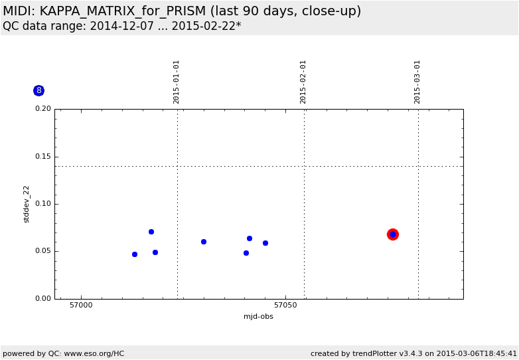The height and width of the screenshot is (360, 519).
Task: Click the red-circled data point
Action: pyautogui.click(x=393, y=234)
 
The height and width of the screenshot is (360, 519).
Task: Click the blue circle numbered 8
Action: pyautogui.click(x=38, y=90)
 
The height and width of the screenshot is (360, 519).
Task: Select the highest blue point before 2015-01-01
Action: pyautogui.click(x=151, y=232)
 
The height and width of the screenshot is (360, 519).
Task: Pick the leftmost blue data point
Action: pyautogui.click(x=135, y=254)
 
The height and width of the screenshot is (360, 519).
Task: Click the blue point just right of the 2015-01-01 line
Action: pyautogui.click(x=204, y=242)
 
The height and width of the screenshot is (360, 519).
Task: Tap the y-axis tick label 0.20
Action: pyautogui.click(x=42, y=109)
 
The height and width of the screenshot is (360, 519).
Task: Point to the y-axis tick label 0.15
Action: pyautogui.click(x=42, y=157)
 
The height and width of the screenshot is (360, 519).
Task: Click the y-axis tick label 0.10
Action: pyautogui.click(x=42, y=204)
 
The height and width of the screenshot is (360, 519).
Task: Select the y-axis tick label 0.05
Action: pyautogui.click(x=42, y=251)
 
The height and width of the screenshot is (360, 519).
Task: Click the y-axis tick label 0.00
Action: pyautogui.click(x=42, y=299)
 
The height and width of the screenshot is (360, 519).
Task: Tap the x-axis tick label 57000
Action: pyautogui.click(x=81, y=306)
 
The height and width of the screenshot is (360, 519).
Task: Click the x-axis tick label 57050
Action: pyautogui.click(x=285, y=306)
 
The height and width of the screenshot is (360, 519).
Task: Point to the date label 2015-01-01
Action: pyautogui.click(x=177, y=82)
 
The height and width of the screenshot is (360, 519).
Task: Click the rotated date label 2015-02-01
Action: pyautogui.click(x=303, y=82)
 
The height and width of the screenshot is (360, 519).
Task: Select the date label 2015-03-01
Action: pyautogui.click(x=417, y=82)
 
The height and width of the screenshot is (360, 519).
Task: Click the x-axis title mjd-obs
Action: pyautogui.click(x=258, y=316)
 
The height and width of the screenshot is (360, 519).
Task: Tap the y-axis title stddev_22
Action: pyautogui.click(x=27, y=204)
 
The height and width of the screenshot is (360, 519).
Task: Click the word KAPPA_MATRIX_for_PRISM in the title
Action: pyautogui.click(x=126, y=11)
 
